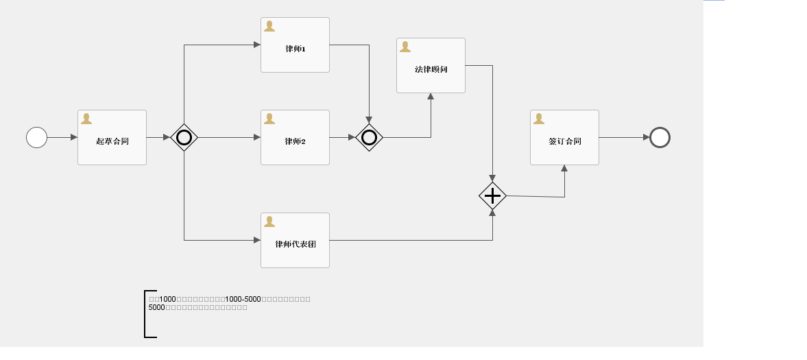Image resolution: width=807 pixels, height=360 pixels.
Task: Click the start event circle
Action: coord(36,137)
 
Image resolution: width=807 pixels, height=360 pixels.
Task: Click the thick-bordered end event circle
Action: coord(660,137)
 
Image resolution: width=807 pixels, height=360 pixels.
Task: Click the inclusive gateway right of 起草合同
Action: coord(184,137)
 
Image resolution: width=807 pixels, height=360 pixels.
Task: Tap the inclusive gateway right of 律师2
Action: coord(369,137)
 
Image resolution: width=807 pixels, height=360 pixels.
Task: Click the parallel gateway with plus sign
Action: coord(492,196)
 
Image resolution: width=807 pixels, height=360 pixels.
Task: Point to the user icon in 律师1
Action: coord(269,26)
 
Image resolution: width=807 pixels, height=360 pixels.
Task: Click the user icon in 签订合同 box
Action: coord(539,119)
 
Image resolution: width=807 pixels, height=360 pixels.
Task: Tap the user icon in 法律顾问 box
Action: coord(405,47)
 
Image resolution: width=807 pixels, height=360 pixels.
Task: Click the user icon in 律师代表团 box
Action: coord(269,221)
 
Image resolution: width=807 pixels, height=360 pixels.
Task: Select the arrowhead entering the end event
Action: coord(646,137)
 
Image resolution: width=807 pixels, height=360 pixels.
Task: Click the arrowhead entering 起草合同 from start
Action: coord(74,137)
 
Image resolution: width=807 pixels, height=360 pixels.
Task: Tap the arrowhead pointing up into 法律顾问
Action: coord(431,97)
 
